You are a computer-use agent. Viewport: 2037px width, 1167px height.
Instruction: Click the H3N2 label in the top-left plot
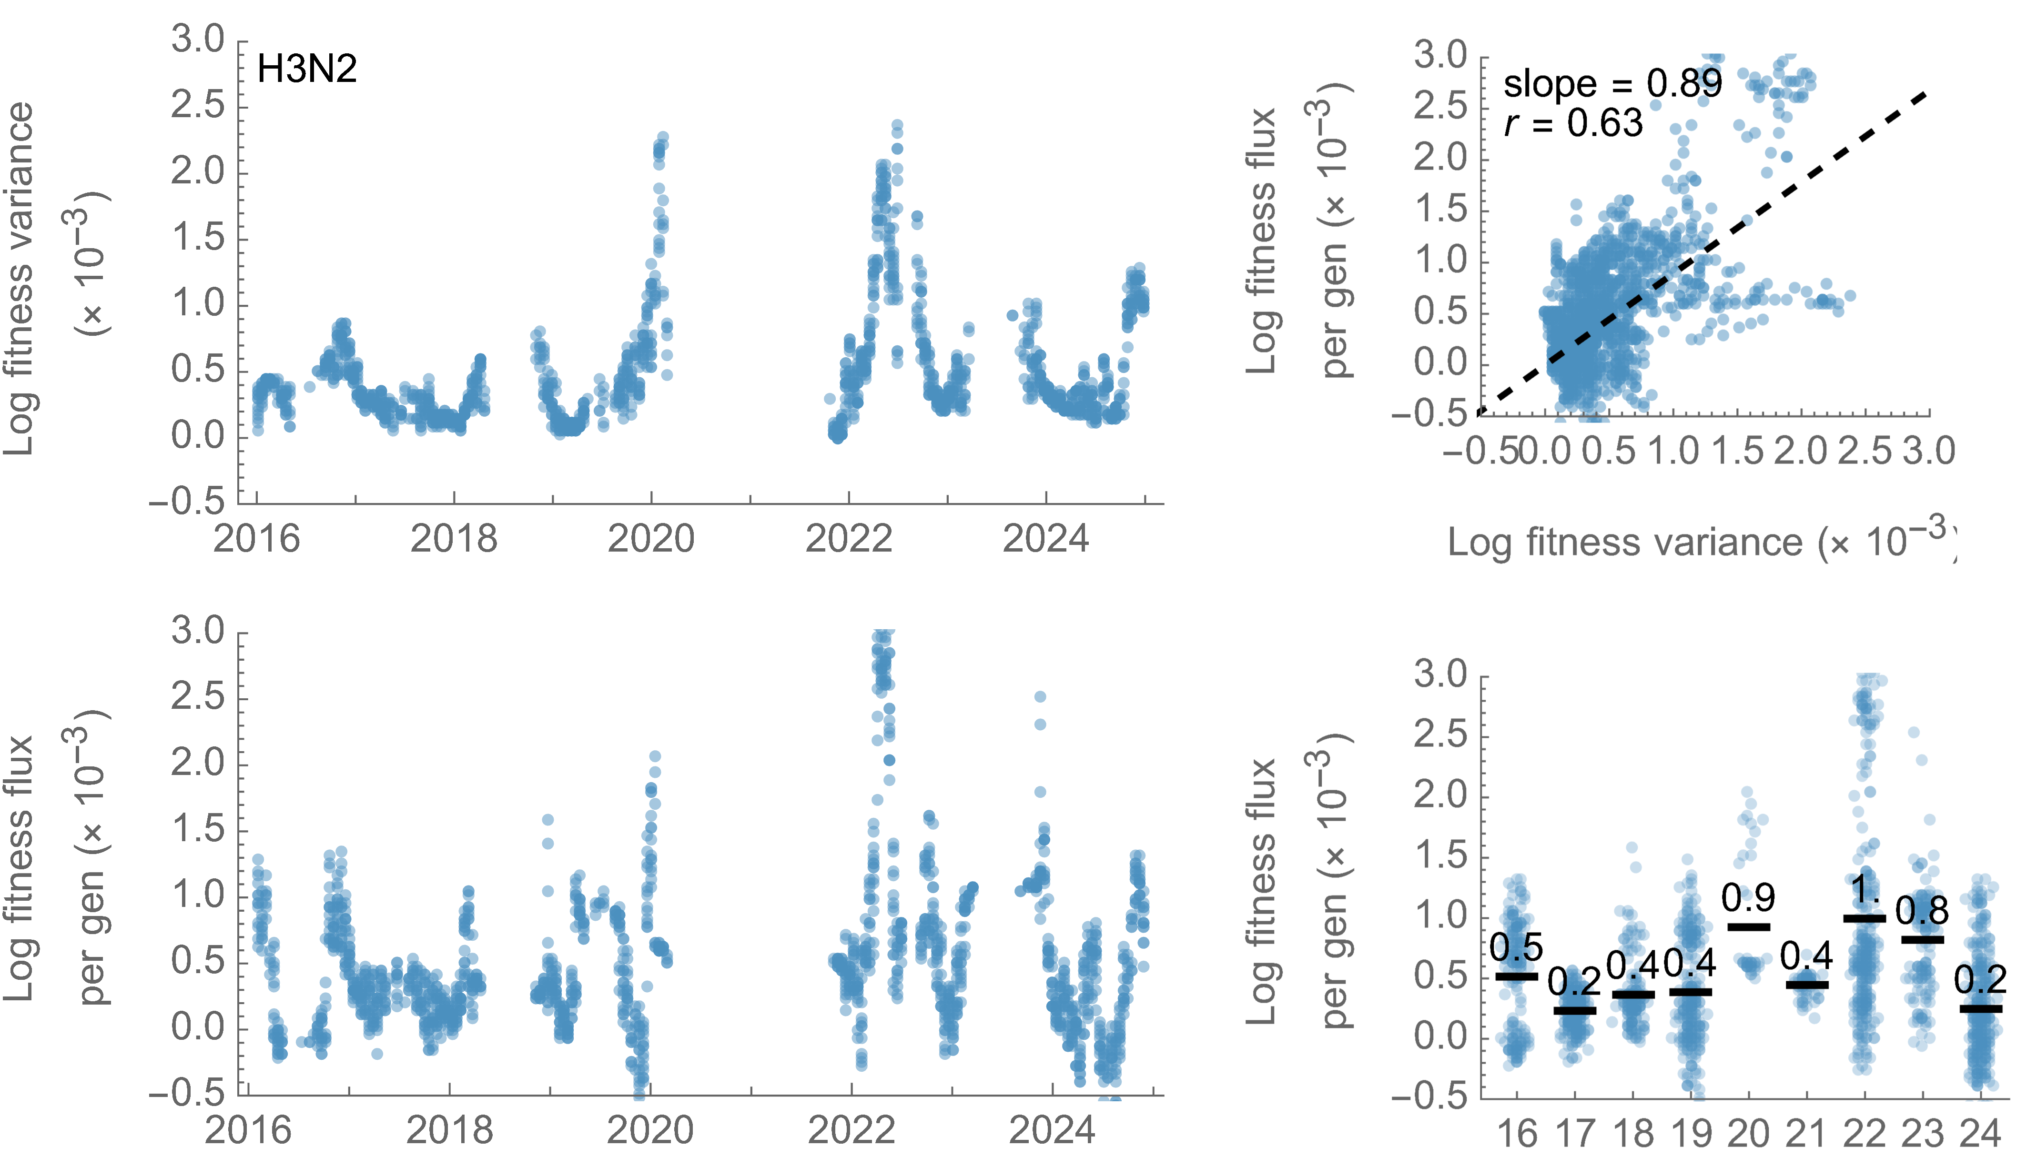tap(306, 70)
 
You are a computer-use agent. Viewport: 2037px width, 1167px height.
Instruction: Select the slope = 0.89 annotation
tap(1612, 83)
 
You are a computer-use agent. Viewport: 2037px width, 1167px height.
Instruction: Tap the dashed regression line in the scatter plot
tap(1804, 181)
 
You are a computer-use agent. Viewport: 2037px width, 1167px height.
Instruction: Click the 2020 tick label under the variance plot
tap(651, 539)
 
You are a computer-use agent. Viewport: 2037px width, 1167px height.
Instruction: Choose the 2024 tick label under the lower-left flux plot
tap(1051, 1130)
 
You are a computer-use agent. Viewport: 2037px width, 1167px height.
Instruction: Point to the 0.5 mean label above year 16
tap(1516, 948)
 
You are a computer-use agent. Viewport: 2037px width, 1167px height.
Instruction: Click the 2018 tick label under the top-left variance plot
tap(454, 539)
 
